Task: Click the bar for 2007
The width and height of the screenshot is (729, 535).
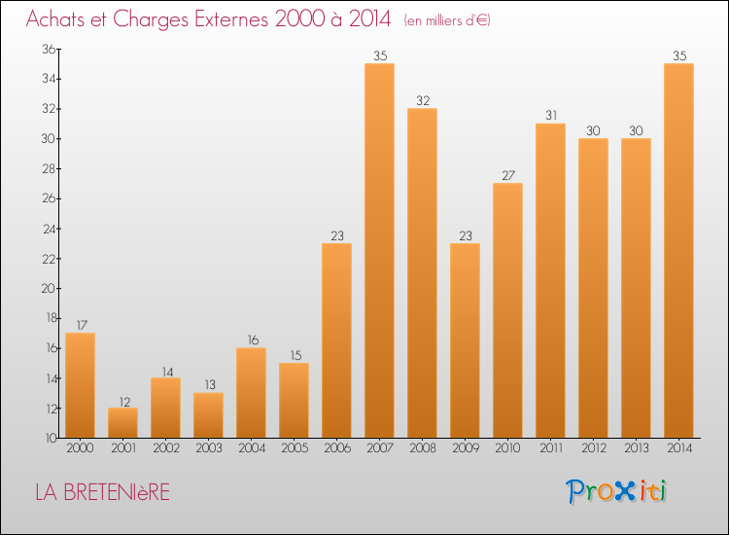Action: click(379, 250)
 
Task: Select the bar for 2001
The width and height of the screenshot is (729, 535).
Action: click(122, 422)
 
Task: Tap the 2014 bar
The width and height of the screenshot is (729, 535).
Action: click(678, 250)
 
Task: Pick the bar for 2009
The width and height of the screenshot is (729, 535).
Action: click(465, 339)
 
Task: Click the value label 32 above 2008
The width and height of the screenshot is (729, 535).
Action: click(422, 100)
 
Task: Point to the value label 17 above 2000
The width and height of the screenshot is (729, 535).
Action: click(80, 325)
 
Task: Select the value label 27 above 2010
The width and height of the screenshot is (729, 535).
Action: click(507, 175)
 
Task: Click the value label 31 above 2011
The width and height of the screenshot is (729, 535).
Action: click(550, 116)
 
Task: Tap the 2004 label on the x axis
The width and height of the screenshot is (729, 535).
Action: click(251, 449)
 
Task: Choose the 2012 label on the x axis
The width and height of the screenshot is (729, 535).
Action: click(593, 449)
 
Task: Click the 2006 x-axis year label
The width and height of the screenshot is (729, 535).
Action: click(336, 449)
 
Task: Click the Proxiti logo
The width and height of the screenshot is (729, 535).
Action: click(616, 491)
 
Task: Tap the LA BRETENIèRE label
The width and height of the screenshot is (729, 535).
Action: click(102, 493)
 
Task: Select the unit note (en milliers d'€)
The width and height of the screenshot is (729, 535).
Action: click(447, 20)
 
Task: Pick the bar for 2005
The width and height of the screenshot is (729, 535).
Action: click(294, 400)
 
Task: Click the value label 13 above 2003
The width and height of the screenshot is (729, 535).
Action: click(208, 385)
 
